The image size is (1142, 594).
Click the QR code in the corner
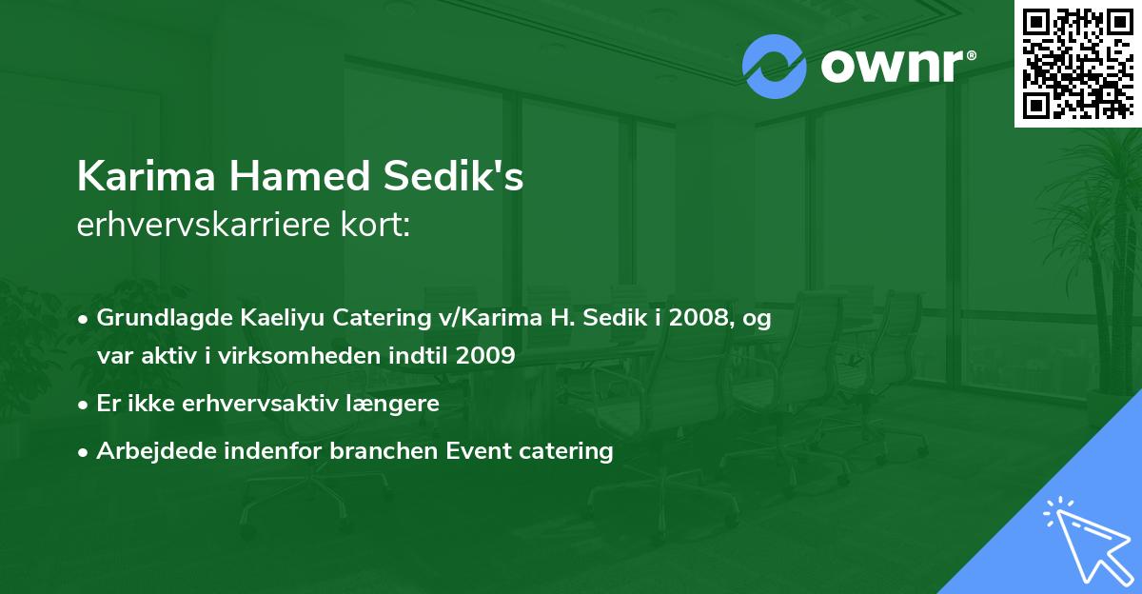pos(1077,63)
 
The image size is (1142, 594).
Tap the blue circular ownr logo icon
pos(774,67)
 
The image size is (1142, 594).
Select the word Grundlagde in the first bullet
pos(153,319)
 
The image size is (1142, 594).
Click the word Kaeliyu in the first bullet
pos(255,319)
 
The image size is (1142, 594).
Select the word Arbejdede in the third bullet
pos(146,450)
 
